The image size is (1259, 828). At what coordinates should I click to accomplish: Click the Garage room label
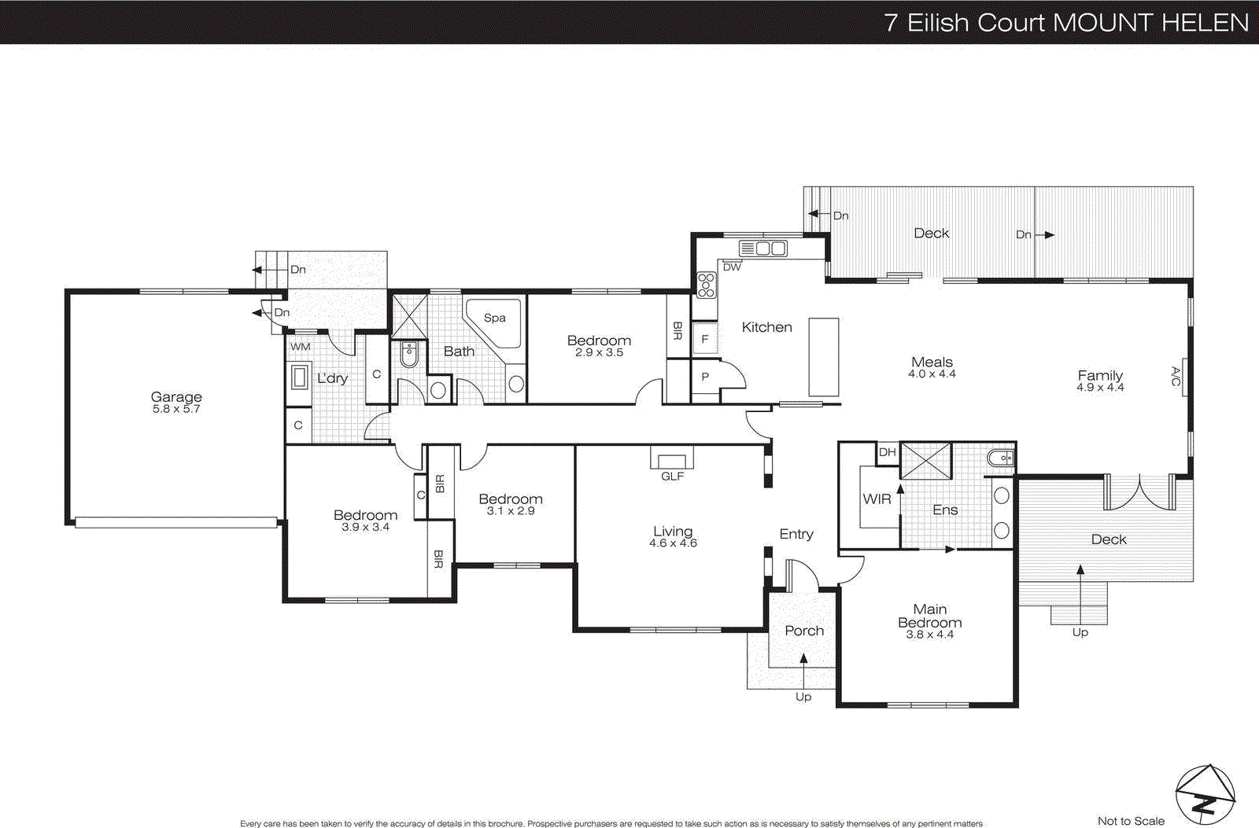click(176, 397)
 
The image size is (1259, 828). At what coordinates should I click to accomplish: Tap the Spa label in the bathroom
click(494, 318)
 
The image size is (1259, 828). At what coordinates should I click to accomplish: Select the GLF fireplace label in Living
click(672, 477)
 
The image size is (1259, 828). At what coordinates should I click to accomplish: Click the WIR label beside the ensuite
click(877, 499)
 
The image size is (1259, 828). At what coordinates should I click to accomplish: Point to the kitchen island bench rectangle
click(824, 357)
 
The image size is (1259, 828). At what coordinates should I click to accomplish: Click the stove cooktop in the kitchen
click(706, 285)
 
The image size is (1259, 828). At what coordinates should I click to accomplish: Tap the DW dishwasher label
click(732, 267)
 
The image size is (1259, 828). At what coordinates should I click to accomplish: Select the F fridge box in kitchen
click(705, 339)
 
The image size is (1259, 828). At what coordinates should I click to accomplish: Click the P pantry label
click(705, 377)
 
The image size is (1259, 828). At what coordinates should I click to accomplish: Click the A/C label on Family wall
click(1176, 377)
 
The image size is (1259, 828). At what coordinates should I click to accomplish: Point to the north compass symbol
click(1205, 795)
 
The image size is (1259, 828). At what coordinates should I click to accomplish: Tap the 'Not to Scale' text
click(1131, 821)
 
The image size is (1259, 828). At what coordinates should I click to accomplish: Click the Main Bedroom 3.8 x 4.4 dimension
click(929, 635)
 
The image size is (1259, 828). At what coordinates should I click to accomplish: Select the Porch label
click(804, 631)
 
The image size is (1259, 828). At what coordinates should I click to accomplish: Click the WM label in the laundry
click(301, 347)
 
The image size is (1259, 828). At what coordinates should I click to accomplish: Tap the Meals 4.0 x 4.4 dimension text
click(932, 374)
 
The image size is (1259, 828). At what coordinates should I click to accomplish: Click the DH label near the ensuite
click(888, 452)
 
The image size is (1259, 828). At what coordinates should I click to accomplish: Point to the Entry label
click(796, 534)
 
